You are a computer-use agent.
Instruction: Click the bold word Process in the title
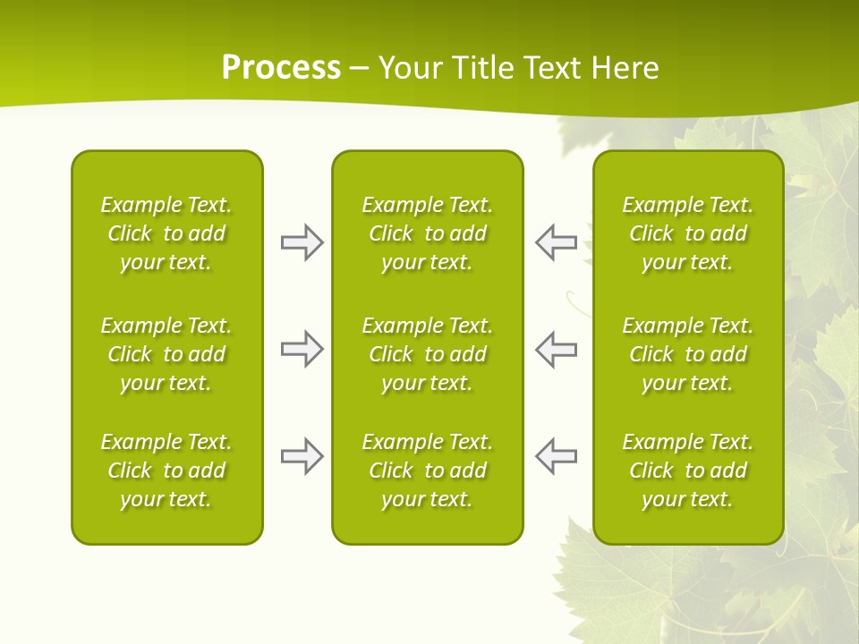point(281,67)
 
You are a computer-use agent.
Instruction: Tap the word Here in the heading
point(624,67)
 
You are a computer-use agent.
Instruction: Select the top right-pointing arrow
point(302,242)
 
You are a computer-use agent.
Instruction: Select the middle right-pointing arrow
point(302,349)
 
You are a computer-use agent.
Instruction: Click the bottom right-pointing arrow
point(302,456)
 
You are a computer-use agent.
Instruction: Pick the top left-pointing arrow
point(557,242)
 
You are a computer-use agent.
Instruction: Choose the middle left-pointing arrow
point(557,349)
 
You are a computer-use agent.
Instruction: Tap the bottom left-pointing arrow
point(557,456)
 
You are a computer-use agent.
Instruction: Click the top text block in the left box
point(166,233)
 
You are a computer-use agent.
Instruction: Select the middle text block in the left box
point(166,354)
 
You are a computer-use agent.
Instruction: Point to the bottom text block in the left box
point(166,470)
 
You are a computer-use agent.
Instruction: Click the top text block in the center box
point(427,233)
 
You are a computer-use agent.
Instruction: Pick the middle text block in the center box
point(427,354)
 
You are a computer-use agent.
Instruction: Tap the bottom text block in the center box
point(427,470)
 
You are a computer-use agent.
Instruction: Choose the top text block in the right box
point(688,233)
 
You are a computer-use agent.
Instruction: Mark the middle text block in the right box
point(688,354)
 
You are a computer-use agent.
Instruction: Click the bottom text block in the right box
point(688,470)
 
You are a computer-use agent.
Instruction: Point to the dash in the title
point(360,69)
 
